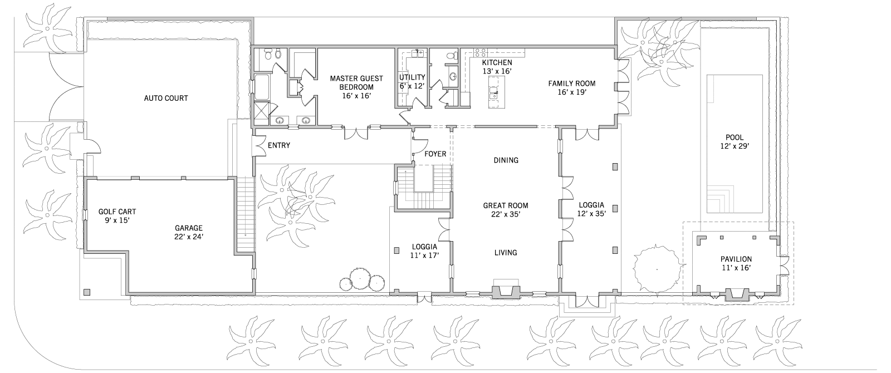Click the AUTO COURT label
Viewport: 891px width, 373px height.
tap(166, 98)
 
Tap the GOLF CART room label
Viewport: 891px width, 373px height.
tap(117, 212)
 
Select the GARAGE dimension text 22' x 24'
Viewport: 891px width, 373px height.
tap(189, 237)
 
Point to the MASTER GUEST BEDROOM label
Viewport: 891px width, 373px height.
tap(356, 83)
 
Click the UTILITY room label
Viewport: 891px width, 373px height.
tap(412, 77)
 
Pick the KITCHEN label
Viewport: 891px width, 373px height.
tap(497, 63)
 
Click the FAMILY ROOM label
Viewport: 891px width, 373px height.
tap(571, 84)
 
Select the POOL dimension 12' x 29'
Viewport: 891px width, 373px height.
tap(735, 146)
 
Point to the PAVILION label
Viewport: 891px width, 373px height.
tap(736, 259)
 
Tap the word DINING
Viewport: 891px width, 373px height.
tap(506, 160)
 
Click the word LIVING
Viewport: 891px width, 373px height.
tap(506, 253)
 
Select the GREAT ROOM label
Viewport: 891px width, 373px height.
tap(506, 205)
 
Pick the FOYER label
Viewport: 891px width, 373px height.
tap(435, 154)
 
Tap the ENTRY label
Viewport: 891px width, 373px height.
tap(279, 145)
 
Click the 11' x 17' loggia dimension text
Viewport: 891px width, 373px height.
tap(424, 256)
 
